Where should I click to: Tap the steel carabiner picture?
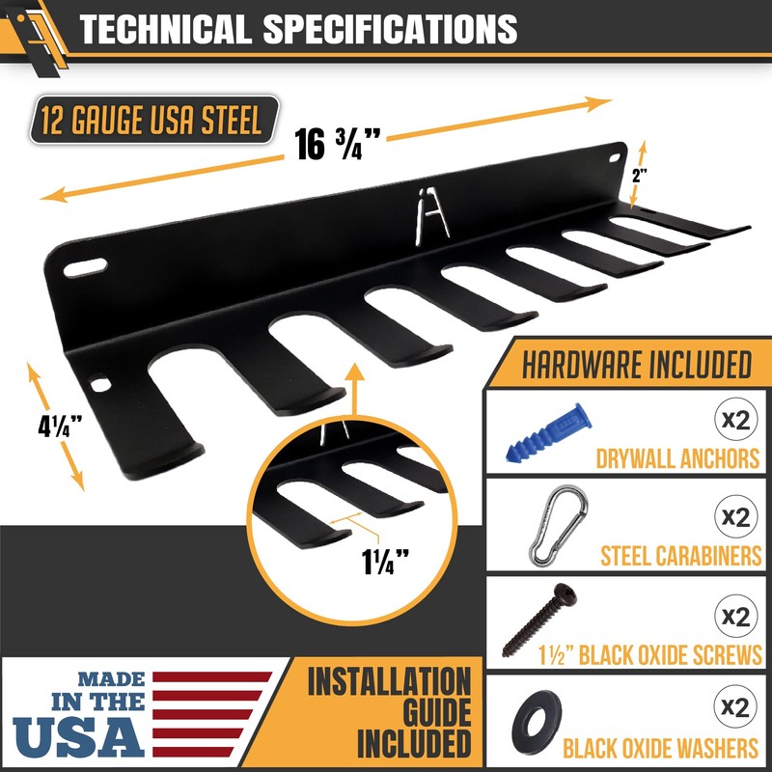558,525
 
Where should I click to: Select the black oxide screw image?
539,620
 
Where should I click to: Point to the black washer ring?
537,722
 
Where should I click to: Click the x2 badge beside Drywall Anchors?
735,420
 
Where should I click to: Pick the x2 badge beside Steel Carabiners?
735,516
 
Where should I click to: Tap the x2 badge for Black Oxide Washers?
735,706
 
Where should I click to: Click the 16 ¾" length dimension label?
337,144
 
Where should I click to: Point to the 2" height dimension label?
640,176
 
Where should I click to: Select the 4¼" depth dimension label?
60,426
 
